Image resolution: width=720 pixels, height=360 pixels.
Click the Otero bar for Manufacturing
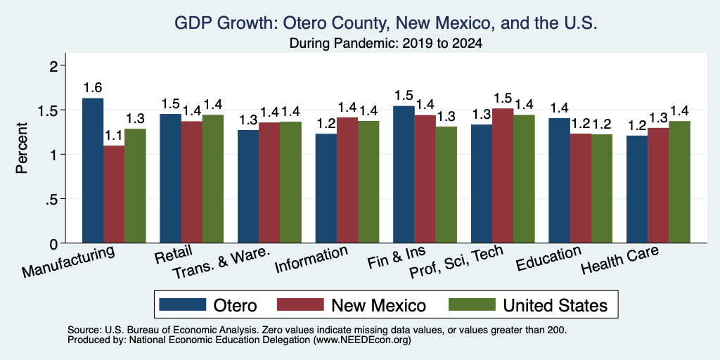(93, 170)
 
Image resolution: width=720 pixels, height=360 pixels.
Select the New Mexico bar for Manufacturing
(114, 194)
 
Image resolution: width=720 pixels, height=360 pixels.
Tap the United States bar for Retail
(213, 179)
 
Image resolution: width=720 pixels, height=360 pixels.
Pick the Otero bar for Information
(326, 188)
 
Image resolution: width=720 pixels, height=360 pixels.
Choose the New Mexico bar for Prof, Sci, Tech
(503, 175)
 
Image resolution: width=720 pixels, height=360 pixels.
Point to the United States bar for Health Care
(680, 182)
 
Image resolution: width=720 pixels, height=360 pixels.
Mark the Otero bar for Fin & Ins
(404, 174)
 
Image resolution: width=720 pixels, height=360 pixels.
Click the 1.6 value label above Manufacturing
(93, 88)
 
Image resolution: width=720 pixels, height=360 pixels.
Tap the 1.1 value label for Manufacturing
(114, 136)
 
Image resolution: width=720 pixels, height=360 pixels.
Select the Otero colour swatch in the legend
(182, 304)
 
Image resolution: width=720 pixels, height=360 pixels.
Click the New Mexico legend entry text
(378, 305)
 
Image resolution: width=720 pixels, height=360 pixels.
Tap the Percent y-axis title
(21, 148)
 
